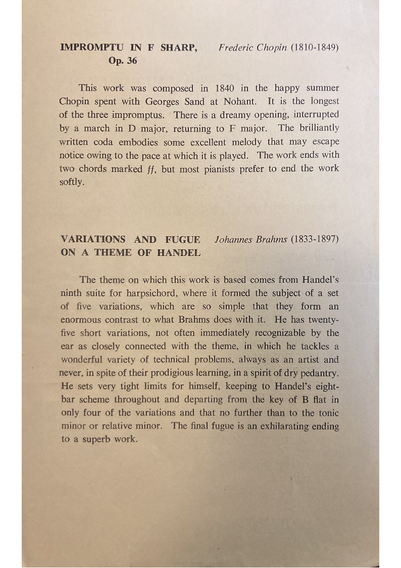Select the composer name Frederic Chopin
pyautogui.click(x=253, y=48)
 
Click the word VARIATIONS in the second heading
pyautogui.click(x=92, y=239)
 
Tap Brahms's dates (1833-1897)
pyautogui.click(x=314, y=239)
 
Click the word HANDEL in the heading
pyautogui.click(x=179, y=253)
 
